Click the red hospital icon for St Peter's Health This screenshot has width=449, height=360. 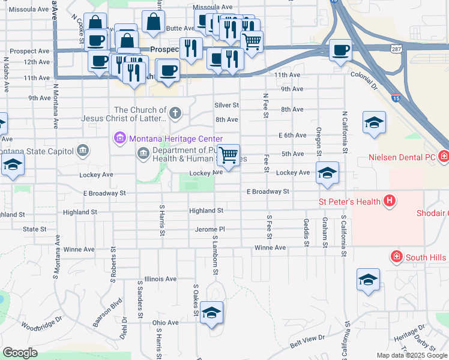click(x=390, y=201)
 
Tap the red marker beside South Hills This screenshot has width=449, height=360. click(x=396, y=257)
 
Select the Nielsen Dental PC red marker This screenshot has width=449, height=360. click(x=444, y=157)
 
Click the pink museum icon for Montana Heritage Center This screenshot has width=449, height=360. click(x=119, y=139)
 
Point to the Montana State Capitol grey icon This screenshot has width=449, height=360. click(x=83, y=150)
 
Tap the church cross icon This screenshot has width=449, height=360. click(x=175, y=112)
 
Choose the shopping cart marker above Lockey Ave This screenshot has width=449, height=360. click(x=228, y=155)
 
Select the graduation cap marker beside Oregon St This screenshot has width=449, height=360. click(x=327, y=173)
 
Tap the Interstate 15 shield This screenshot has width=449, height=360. click(x=396, y=97)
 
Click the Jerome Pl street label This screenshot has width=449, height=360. click(x=209, y=229)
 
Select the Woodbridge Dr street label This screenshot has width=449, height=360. click(x=42, y=325)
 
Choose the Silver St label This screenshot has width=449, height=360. click(x=227, y=105)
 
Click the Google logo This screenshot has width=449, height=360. click(x=20, y=353)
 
